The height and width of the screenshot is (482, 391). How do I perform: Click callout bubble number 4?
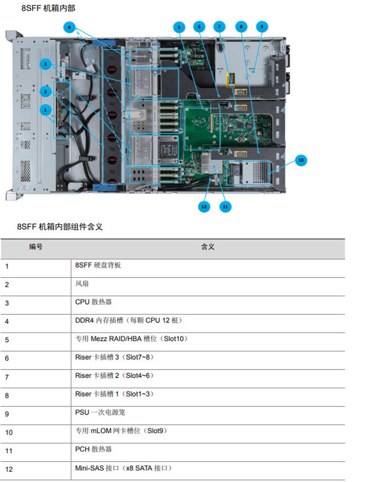(x=69, y=28)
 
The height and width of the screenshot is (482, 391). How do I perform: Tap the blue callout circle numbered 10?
(x=301, y=160)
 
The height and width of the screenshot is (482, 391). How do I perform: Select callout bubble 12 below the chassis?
(x=204, y=207)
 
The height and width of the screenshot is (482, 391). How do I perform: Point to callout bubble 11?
(x=225, y=207)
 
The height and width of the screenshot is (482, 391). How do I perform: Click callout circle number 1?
(x=45, y=110)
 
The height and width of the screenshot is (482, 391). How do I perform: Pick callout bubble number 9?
(x=262, y=27)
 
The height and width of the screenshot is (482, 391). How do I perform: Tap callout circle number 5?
(x=179, y=28)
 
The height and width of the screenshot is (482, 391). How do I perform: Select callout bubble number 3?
(x=45, y=64)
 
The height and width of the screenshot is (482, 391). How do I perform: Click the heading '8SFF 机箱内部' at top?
(x=48, y=8)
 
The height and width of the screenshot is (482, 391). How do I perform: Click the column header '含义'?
(x=208, y=247)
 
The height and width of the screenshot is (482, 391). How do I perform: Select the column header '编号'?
(x=36, y=247)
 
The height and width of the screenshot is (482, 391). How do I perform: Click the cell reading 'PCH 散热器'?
(x=93, y=449)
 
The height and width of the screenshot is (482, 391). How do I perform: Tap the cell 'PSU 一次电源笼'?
(x=100, y=412)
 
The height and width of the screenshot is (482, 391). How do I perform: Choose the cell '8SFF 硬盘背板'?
(x=98, y=265)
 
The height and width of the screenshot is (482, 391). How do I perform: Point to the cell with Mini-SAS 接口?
(x=124, y=468)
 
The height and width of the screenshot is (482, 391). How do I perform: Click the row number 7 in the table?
(x=7, y=377)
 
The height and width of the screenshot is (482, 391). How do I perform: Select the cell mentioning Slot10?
(x=131, y=339)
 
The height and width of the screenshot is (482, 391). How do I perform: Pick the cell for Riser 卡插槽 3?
(x=114, y=357)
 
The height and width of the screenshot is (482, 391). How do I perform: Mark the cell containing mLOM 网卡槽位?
(x=121, y=430)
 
